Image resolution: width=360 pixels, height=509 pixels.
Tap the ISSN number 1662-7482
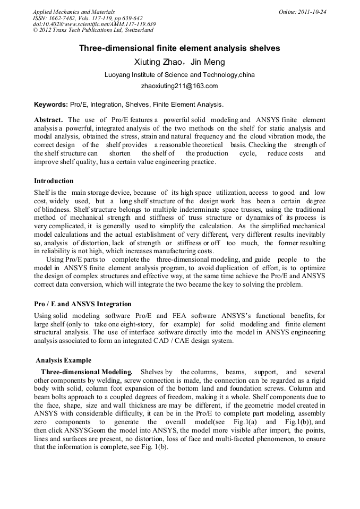(x=64, y=18)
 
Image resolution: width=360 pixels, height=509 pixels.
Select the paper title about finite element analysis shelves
(x=179, y=48)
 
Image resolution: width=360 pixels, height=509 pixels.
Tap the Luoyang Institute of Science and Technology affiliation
(x=179, y=75)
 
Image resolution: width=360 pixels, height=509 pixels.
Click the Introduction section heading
(x=54, y=181)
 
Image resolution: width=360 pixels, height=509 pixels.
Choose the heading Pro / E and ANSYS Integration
(x=82, y=304)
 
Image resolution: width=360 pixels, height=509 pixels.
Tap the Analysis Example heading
(x=63, y=360)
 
